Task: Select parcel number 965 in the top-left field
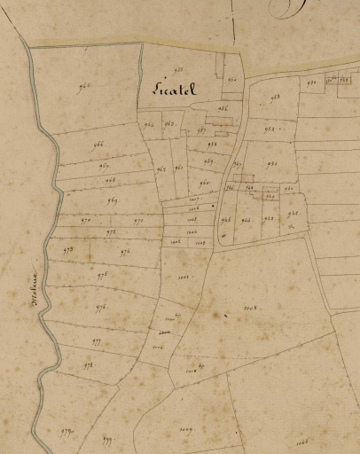click(86, 86)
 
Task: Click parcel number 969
click(113, 201)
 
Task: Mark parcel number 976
click(100, 307)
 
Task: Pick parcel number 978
click(89, 364)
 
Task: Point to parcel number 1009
click(185, 429)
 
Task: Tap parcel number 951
click(271, 163)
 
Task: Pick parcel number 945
click(225, 219)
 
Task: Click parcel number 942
click(292, 213)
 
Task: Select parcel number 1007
click(193, 200)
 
